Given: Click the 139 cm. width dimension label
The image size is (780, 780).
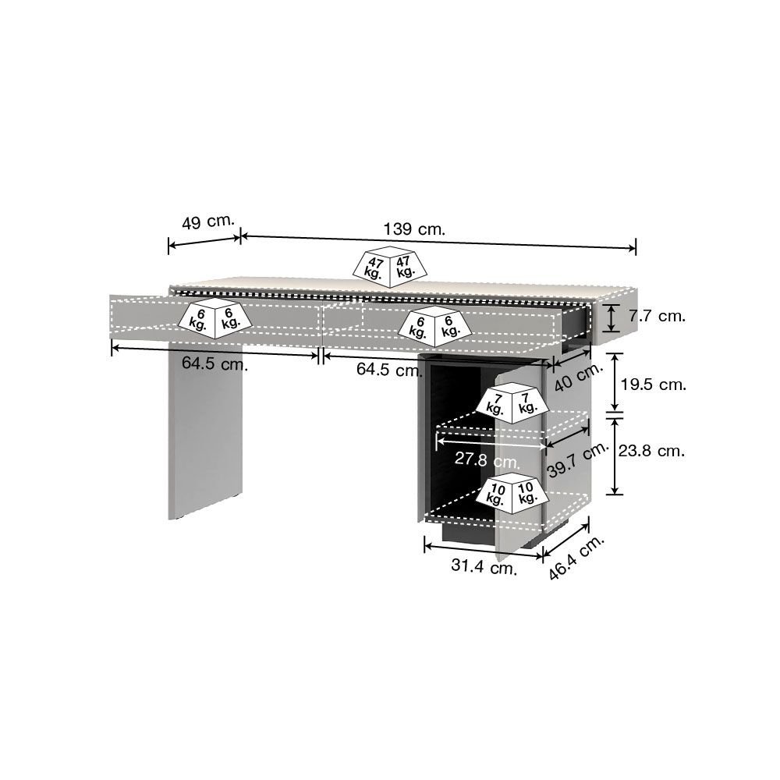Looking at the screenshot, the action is pos(414,229).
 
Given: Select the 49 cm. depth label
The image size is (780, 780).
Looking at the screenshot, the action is pos(208,222).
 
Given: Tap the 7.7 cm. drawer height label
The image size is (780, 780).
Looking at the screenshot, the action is pos(657,316).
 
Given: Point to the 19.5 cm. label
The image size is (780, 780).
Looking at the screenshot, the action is pos(654,384).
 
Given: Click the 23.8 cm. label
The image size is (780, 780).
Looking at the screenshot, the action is pos(651,451).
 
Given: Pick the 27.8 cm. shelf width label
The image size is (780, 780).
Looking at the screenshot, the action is pos(487,459).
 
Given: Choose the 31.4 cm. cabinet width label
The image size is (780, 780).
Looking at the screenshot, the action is pos(484,566).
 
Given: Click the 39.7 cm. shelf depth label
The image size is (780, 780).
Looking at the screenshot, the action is pos(578,459).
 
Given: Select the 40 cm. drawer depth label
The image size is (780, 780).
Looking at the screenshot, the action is pos(579,376).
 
